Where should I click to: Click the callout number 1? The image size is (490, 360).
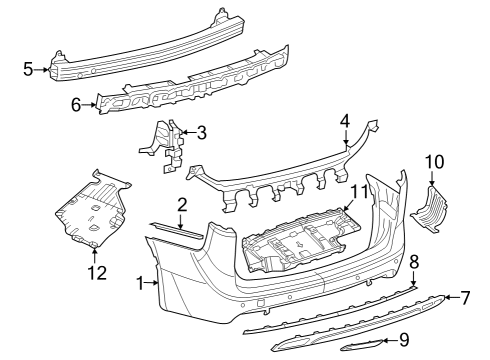(139, 284)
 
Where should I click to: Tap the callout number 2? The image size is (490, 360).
(181, 205)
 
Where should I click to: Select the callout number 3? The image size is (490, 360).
(201, 132)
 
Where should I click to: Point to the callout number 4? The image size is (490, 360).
(345, 121)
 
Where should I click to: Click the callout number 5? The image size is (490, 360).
(27, 69)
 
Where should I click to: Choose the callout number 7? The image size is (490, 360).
(464, 297)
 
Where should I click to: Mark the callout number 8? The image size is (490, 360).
(414, 262)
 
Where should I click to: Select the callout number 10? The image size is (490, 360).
(434, 161)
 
